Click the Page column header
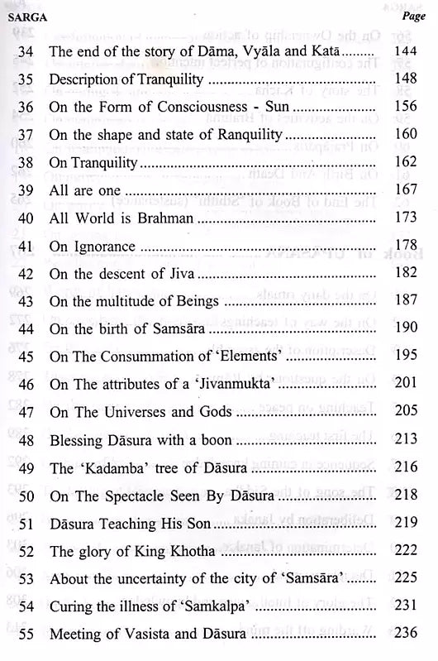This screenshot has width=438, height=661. (412, 16)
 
